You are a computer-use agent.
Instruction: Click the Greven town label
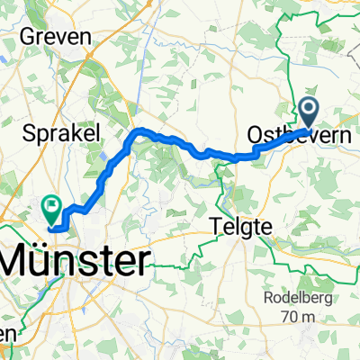tap(63, 36)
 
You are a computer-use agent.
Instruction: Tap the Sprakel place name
tap(63, 131)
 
